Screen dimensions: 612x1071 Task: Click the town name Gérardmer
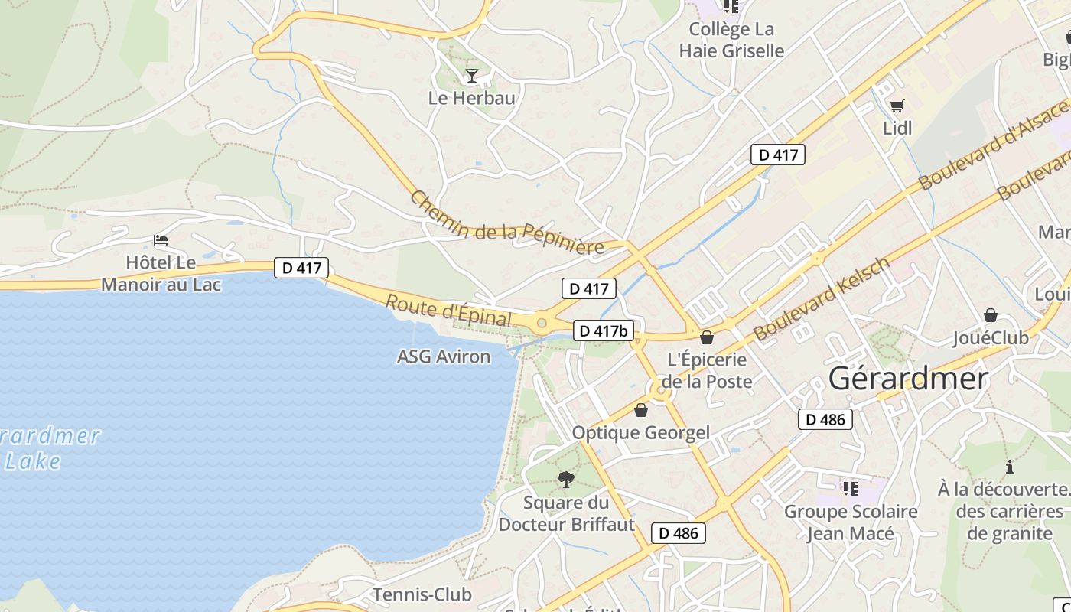coord(908,378)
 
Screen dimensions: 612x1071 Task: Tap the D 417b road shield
coord(604,330)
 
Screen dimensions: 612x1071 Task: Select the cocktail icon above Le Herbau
coord(472,75)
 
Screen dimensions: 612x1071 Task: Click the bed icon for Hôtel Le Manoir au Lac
coord(161,240)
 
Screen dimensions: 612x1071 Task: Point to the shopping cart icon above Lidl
coord(897,106)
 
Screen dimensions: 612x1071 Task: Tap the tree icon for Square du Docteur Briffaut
coord(566,480)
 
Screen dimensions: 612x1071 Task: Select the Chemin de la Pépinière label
coord(507,223)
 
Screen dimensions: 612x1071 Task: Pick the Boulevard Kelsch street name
coord(822,298)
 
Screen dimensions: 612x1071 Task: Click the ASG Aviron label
coord(444,356)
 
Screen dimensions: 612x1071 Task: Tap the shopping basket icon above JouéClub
coord(991,315)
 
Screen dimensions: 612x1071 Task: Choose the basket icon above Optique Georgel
coord(641,411)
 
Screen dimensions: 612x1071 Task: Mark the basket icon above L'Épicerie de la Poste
coord(706,337)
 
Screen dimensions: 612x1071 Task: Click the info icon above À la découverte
coord(1010,467)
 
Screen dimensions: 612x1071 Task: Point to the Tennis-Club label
coord(422,594)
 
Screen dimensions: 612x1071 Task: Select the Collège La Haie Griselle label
coord(731,40)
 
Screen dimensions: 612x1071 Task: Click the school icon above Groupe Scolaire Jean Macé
coord(850,488)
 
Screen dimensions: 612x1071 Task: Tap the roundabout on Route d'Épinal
coord(542,323)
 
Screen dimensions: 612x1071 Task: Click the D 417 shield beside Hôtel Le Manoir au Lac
coord(302,268)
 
